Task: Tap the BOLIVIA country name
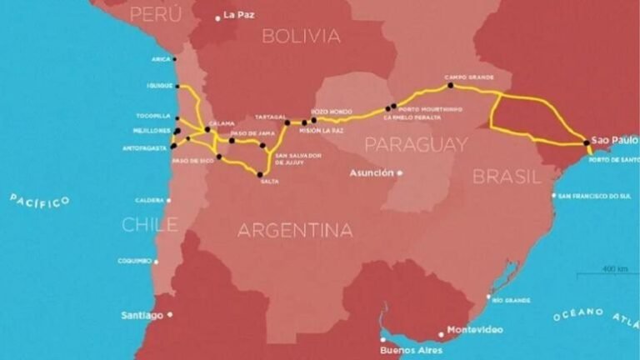pos(301,36)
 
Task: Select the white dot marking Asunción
pos(399,172)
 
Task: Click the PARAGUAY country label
pos(416,145)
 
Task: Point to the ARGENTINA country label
pos(295,230)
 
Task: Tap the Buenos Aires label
pos(410,350)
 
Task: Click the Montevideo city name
pos(475,330)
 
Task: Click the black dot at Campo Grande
pos(450,85)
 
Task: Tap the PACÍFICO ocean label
pos(39,201)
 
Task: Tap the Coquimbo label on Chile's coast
pos(135,261)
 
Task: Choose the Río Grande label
pos(511,298)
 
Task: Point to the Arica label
pos(161,59)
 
